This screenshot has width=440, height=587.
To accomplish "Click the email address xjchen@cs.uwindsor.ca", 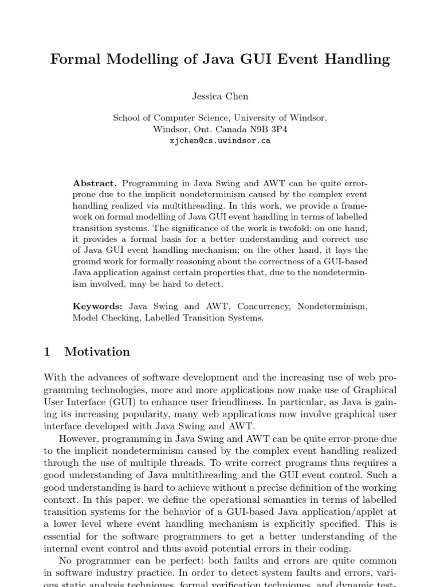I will pyautogui.click(x=220, y=140).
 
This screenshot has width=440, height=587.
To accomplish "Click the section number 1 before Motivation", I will pyautogui.click(x=47, y=352).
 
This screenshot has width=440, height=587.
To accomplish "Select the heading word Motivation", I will pyautogui.click(x=97, y=352).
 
